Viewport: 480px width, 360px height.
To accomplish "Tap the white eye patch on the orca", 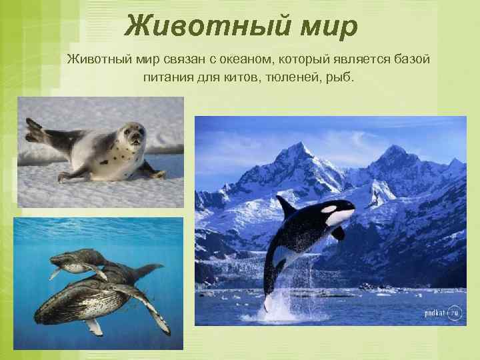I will tap(339, 217).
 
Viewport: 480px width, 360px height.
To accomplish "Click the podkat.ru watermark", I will tap(442, 313).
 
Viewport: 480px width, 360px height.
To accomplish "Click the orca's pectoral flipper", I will tap(338, 233).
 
